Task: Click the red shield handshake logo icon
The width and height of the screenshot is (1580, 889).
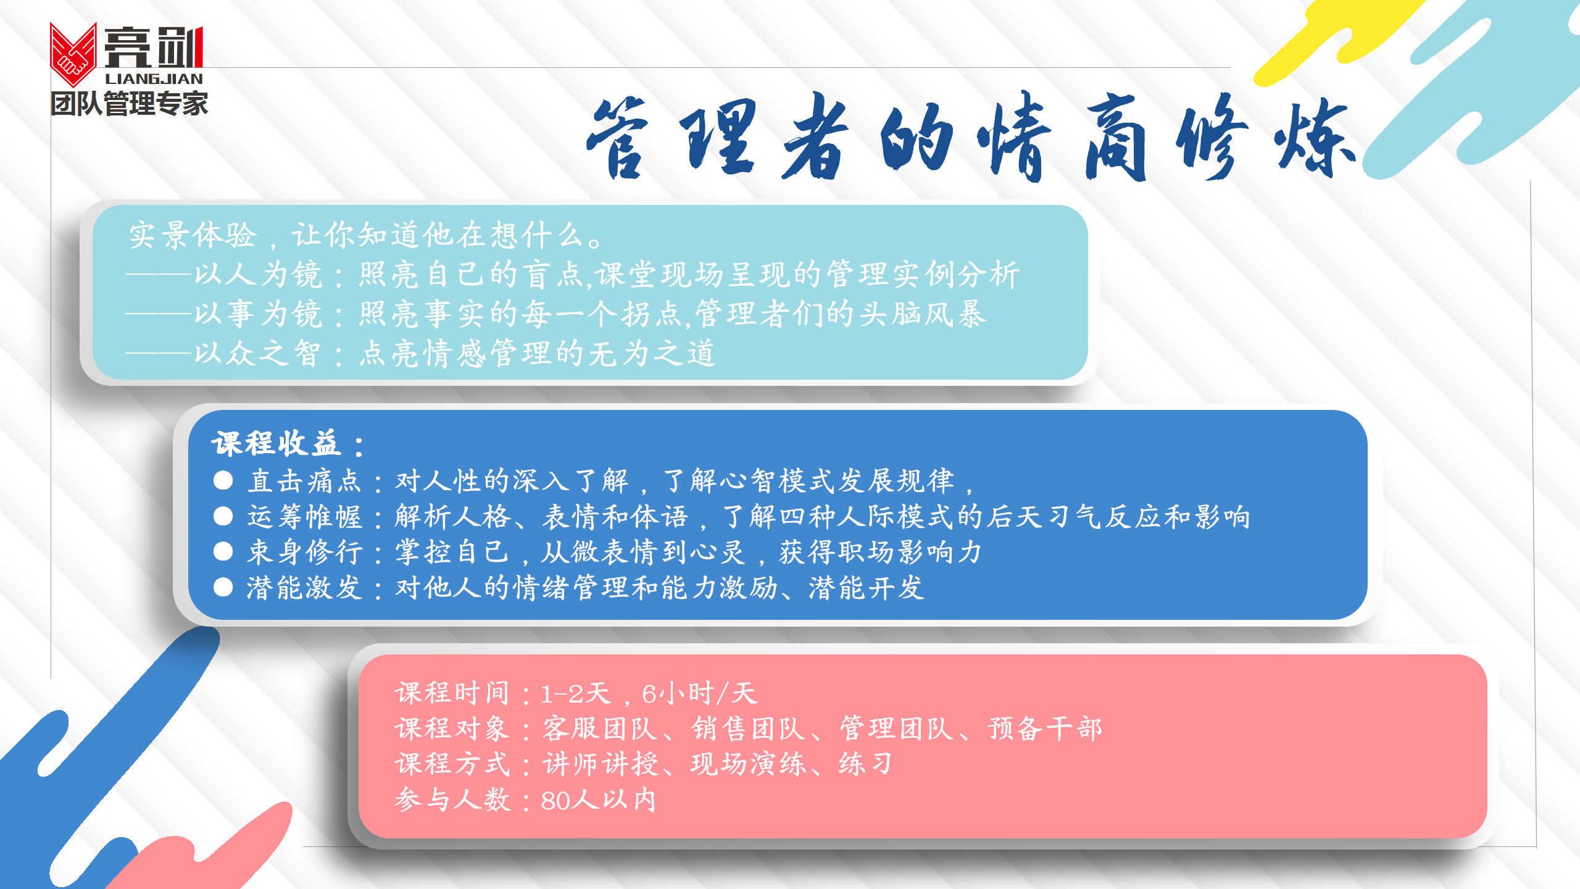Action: (73, 54)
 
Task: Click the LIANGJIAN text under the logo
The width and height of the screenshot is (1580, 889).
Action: (154, 79)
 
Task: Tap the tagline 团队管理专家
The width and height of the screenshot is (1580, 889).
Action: (129, 103)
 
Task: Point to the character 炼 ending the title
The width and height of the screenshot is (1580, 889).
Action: (1315, 137)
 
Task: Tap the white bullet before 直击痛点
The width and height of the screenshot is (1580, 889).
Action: (223, 480)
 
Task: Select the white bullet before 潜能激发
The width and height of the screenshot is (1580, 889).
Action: (223, 587)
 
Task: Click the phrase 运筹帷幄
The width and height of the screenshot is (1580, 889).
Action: (304, 516)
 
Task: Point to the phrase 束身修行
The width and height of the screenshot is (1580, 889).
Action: (304, 551)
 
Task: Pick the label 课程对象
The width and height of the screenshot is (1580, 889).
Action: (452, 728)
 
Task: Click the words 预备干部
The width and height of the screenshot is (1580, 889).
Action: (1045, 728)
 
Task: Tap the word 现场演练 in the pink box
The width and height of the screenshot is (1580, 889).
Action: (749, 764)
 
